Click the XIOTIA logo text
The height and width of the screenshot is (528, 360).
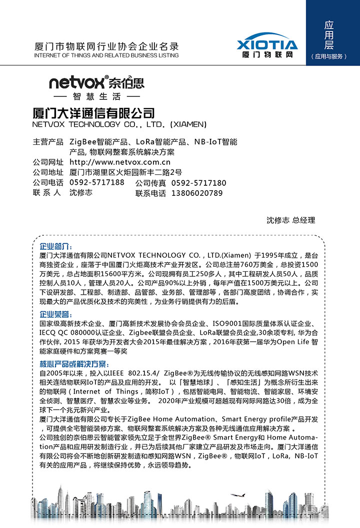267,44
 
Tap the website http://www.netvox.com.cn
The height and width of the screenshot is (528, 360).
120,162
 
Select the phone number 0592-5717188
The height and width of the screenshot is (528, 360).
97,182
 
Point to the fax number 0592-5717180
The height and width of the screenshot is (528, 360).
198,183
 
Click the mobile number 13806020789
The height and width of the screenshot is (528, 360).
197,193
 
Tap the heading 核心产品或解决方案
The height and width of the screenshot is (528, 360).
73,364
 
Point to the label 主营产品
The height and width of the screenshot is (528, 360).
48,142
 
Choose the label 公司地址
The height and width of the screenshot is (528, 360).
48,172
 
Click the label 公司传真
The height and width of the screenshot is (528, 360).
150,183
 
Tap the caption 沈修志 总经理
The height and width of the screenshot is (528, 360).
290,220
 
